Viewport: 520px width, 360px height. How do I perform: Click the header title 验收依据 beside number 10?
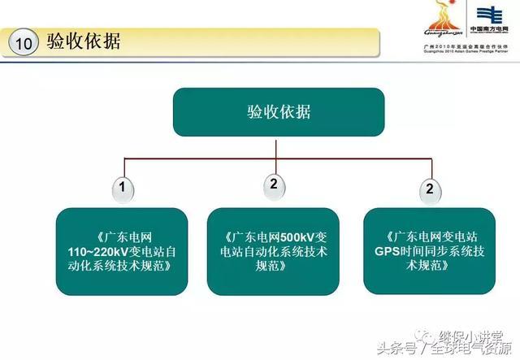click(84, 42)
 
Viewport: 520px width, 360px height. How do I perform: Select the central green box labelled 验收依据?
click(279, 112)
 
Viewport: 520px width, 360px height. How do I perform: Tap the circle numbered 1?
click(123, 189)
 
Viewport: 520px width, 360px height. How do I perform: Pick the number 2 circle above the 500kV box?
click(275, 184)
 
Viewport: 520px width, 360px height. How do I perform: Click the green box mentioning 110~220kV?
click(122, 251)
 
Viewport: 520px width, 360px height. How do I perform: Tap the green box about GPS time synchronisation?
click(429, 251)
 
